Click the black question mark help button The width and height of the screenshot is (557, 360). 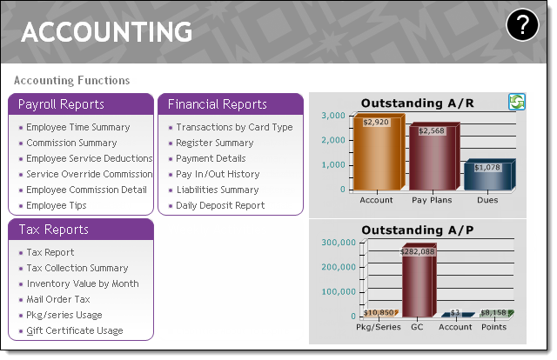click(x=522, y=25)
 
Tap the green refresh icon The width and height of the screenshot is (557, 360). click(x=516, y=102)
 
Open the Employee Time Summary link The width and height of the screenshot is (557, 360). click(x=78, y=127)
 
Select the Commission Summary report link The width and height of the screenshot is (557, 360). click(x=71, y=143)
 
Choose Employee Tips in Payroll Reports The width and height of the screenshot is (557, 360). click(x=56, y=205)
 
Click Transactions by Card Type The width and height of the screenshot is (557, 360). click(x=234, y=127)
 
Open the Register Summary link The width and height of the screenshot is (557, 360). click(x=215, y=143)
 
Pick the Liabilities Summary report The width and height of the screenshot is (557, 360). click(x=218, y=190)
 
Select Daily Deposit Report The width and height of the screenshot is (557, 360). click(x=220, y=205)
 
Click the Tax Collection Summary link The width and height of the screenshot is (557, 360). click(x=77, y=268)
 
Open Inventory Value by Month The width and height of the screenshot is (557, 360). click(x=83, y=283)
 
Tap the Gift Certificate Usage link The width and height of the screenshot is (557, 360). click(x=75, y=330)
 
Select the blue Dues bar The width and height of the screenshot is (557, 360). click(x=489, y=175)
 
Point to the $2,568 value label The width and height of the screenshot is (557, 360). click(x=432, y=130)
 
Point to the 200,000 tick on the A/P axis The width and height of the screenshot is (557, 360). click(x=339, y=267)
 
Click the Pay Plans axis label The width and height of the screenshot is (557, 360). click(x=432, y=200)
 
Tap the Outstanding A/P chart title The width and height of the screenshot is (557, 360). click(x=418, y=230)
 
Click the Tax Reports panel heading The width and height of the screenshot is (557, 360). click(x=54, y=230)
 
